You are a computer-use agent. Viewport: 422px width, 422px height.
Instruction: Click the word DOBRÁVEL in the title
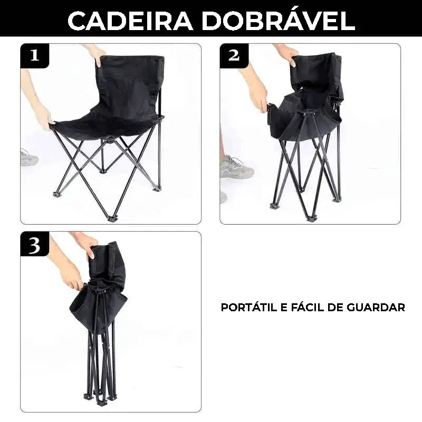[x=280, y=20]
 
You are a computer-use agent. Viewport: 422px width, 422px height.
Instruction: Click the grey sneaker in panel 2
[x=236, y=168]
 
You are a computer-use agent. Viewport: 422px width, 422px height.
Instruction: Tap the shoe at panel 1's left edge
[x=28, y=157]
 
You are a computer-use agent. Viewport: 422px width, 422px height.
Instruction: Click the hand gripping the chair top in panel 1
[x=97, y=53]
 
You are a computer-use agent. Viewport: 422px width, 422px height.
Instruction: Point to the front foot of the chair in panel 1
[x=112, y=218]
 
